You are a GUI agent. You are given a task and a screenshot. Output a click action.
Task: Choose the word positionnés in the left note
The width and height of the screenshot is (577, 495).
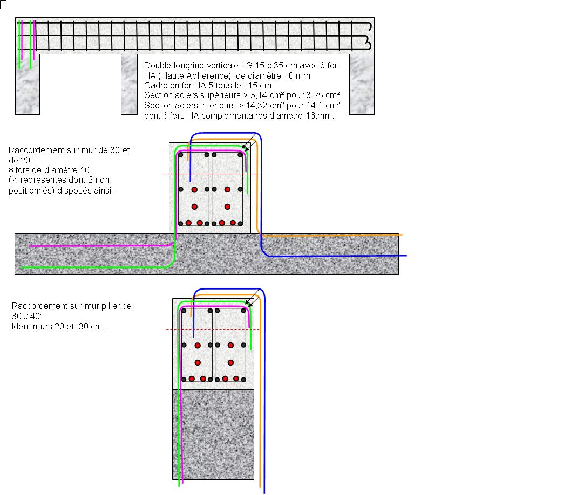pyautogui.click(x=32, y=191)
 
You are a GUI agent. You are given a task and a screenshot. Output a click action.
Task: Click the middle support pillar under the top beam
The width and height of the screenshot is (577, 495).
pyautogui.click(x=129, y=85)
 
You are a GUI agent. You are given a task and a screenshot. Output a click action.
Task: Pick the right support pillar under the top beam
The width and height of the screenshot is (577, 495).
pyautogui.click(x=362, y=85)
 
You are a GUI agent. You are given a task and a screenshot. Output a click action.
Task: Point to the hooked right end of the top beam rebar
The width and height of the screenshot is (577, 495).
pyautogui.click(x=369, y=36)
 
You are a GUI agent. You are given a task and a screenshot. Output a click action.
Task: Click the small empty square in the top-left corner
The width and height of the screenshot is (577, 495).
pyautogui.click(x=3, y=4)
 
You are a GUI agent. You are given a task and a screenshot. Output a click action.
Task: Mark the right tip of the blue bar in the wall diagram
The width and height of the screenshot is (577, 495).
pyautogui.click(x=406, y=256)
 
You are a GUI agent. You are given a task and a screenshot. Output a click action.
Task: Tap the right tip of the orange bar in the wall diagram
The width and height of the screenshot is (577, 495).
pyautogui.click(x=402, y=235)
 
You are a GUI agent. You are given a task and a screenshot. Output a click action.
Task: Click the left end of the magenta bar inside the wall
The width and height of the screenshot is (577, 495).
pyautogui.click(x=30, y=246)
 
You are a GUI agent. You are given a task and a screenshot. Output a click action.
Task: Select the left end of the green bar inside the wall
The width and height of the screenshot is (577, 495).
pyautogui.click(x=23, y=267)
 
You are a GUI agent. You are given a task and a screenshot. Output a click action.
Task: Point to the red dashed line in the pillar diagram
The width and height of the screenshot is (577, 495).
pyautogui.click(x=213, y=329)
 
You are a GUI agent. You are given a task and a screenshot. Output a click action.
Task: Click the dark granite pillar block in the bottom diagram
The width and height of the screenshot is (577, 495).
pyautogui.click(x=213, y=435)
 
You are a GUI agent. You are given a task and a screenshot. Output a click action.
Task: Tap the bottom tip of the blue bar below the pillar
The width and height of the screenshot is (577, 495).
pyautogui.click(x=264, y=492)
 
